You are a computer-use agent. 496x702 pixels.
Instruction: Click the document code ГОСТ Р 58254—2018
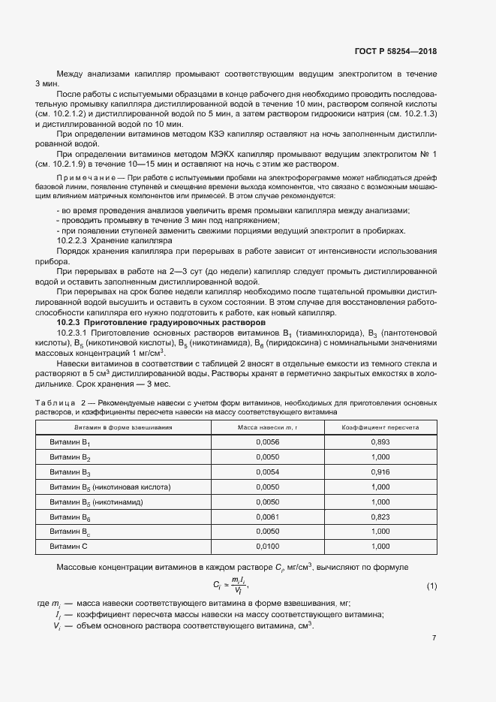coord(395,51)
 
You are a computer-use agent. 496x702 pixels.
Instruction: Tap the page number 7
coord(434,637)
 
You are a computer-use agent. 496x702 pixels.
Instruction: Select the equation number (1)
coord(431,585)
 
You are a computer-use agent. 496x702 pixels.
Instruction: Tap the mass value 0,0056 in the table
coord(267,442)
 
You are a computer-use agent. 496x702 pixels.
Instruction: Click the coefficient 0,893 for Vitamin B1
coord(380,442)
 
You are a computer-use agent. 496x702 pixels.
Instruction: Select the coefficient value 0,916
coord(380,472)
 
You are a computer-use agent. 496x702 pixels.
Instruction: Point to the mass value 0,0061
coord(267,517)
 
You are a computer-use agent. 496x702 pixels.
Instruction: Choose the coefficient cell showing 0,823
coord(380,517)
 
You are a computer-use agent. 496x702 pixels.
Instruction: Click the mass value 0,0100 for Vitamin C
coord(267,547)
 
